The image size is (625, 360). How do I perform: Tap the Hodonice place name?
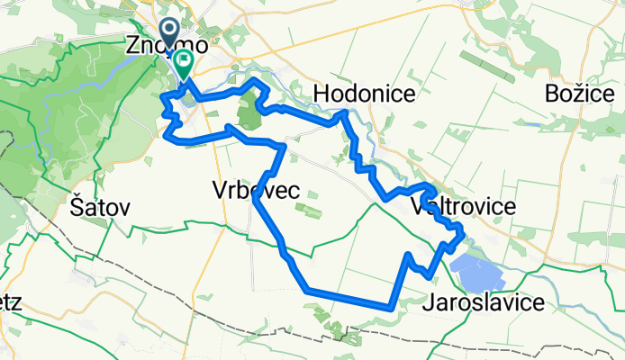pos(364,94)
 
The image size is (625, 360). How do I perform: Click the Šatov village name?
pos(100,207)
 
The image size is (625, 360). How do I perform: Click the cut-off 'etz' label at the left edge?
pos(11,302)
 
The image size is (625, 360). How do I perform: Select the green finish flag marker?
pos(184,64)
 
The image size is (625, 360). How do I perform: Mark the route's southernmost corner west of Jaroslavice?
pos(389,306)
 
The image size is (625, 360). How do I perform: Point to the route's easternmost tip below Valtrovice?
pos(462,236)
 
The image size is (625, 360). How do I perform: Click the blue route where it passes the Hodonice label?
pos(342,113)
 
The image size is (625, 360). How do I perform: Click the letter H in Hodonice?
pos(322,94)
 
